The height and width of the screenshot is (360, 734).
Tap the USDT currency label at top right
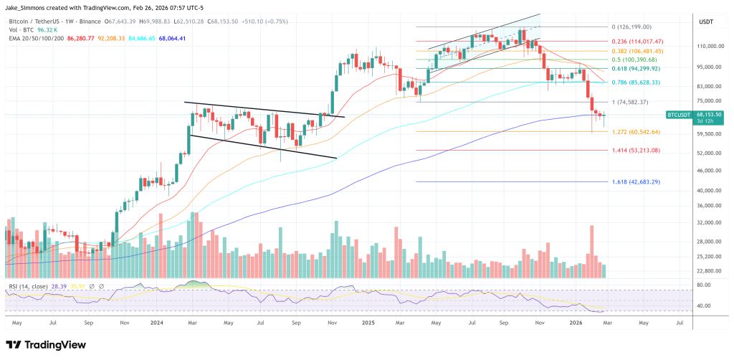(705, 22)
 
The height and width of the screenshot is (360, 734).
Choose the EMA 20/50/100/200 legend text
(34, 38)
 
